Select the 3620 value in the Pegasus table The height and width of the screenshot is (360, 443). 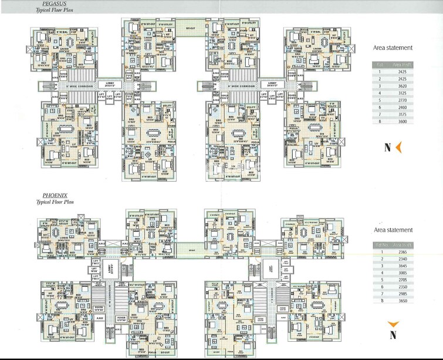400,85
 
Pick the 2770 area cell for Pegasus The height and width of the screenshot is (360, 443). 400,100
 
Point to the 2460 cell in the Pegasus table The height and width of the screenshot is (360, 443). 400,108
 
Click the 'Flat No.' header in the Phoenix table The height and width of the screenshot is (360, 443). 380,243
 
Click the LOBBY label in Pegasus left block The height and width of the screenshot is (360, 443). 110,83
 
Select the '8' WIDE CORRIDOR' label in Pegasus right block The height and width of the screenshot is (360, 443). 240,86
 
